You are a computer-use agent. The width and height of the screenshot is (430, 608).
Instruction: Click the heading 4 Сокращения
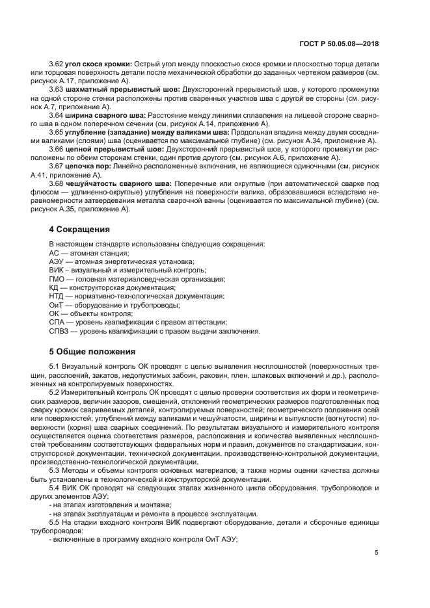coord(80,230)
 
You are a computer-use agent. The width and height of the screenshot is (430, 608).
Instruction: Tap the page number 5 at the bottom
coord(377,553)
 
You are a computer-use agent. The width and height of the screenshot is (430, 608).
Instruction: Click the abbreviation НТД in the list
coord(57,296)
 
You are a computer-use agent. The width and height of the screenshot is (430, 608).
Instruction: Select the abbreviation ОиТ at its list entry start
coord(57,305)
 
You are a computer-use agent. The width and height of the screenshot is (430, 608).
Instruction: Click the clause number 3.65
coord(57,132)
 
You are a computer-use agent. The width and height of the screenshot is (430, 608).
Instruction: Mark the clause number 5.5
coord(55,522)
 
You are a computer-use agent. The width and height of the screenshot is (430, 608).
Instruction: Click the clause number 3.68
coord(57,183)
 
